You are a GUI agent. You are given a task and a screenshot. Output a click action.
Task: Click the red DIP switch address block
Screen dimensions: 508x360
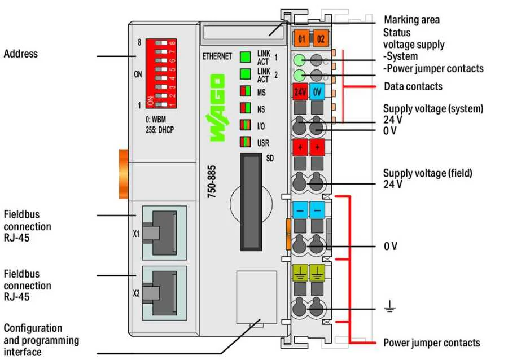coord(161,73)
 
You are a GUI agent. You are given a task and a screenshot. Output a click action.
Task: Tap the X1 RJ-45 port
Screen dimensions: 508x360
coord(164,233)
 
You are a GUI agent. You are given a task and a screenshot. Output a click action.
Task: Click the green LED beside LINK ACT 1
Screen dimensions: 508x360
coord(246,57)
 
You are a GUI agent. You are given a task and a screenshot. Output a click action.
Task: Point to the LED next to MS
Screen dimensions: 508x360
coord(246,91)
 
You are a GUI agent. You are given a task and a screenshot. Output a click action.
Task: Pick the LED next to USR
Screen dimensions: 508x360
coord(246,142)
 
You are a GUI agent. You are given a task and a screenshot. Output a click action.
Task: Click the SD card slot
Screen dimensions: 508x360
coord(251,202)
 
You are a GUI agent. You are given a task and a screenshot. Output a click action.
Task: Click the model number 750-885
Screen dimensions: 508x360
coord(212,182)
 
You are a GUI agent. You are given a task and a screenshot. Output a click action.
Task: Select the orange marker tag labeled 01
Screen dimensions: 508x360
coord(301,39)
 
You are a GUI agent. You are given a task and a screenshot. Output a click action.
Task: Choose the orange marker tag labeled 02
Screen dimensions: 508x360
coord(321,39)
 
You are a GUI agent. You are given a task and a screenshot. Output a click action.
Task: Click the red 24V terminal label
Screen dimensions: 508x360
coord(300,91)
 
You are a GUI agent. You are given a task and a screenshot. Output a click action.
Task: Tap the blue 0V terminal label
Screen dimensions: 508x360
coord(317,91)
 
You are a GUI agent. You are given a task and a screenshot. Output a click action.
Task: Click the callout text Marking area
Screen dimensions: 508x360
coord(411,20)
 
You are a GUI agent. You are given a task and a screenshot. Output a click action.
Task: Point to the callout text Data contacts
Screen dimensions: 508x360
coord(413,86)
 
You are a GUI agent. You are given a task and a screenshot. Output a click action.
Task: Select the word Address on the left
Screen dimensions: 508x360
coord(21,54)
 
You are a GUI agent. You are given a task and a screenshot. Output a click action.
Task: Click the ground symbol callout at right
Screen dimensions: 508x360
coord(389,306)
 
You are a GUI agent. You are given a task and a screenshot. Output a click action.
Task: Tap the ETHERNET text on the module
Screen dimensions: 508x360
coord(217,56)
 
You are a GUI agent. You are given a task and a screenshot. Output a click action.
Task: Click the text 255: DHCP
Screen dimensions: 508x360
coord(160,130)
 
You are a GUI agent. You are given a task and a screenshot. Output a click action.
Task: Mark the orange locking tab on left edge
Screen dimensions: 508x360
coord(124,174)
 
